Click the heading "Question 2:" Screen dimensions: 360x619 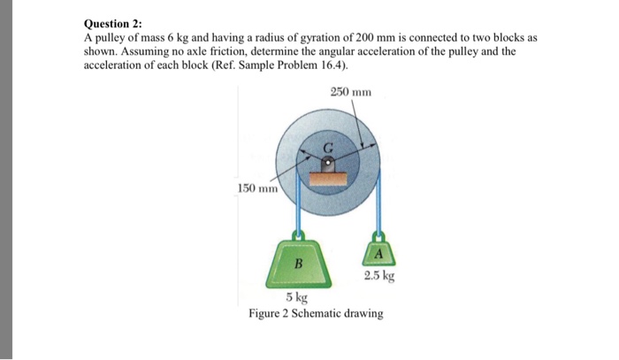112,26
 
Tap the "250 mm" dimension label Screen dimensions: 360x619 351,91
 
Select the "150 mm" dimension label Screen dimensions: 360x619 257,188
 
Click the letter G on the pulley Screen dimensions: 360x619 327,147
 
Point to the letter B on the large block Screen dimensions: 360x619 298,262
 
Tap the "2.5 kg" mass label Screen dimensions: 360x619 378,276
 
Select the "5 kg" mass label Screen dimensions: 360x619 296,298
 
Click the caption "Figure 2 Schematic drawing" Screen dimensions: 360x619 316,314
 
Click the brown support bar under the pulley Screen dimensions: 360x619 327,178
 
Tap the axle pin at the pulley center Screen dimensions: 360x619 328,164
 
